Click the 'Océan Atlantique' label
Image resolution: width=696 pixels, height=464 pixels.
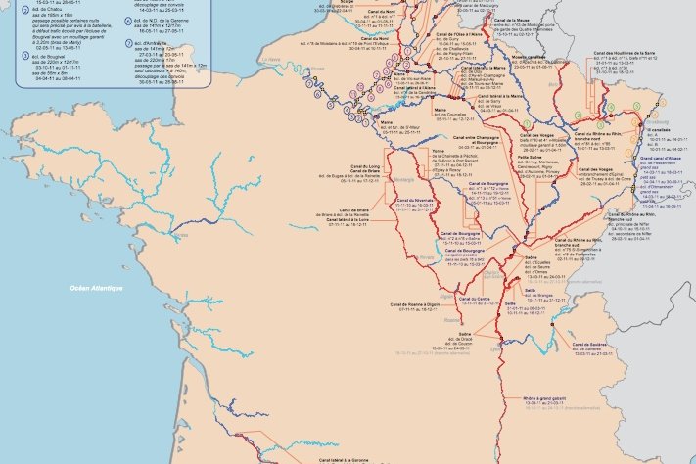click(97, 288)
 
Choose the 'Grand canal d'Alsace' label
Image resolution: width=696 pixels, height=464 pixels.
click(662, 157)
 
